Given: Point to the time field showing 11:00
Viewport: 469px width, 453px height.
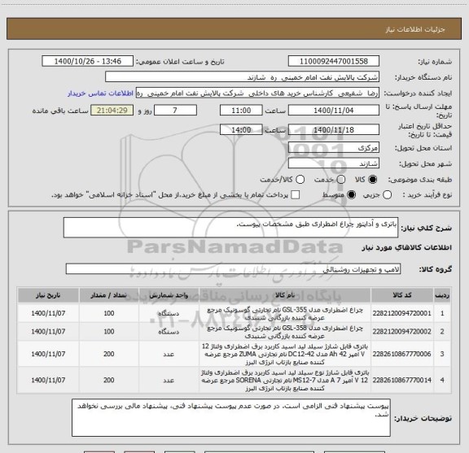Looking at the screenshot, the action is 241,110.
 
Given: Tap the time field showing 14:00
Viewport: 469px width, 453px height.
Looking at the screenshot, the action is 241,128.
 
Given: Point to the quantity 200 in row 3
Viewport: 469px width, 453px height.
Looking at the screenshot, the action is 109,355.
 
